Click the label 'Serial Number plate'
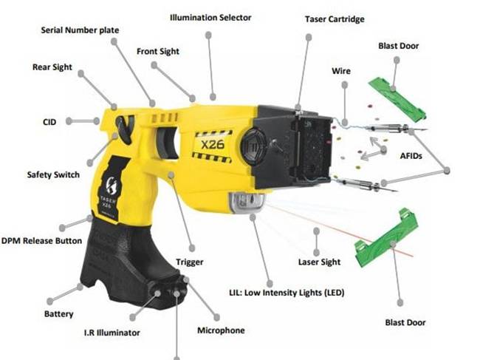(x=80, y=30)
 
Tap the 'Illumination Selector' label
(x=210, y=18)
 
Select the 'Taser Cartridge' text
(x=335, y=19)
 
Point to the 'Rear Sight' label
(x=52, y=67)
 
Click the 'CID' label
(x=49, y=122)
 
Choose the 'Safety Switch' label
(x=53, y=174)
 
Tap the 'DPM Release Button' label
(x=41, y=240)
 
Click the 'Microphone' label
(x=221, y=330)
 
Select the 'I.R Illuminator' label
(x=112, y=333)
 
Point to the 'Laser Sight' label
(x=319, y=262)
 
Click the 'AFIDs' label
(x=411, y=156)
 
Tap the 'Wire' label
(x=341, y=71)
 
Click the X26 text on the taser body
(x=213, y=144)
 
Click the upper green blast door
(x=397, y=98)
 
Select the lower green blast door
(x=387, y=239)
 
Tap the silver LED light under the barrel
(x=247, y=202)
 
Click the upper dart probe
(x=395, y=129)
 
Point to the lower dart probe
(x=366, y=185)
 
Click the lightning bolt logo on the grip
(x=111, y=185)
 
